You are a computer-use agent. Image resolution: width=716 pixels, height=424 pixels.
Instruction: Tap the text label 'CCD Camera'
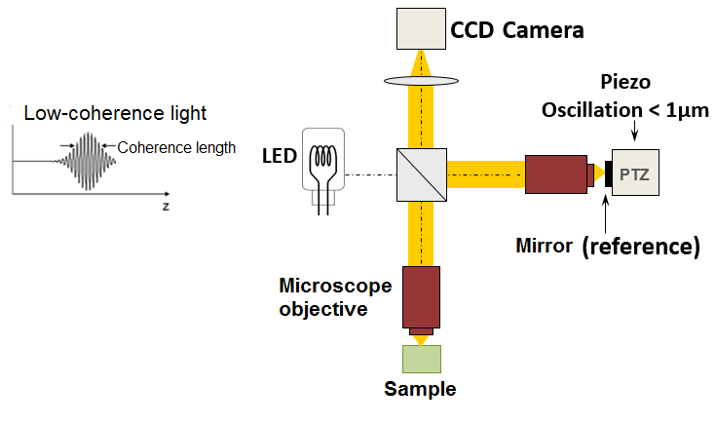(517, 30)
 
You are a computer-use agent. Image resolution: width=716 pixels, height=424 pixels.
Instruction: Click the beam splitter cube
(422, 175)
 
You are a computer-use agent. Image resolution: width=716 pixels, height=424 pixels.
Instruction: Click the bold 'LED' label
(280, 156)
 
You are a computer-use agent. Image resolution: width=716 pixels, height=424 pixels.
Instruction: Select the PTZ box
(638, 174)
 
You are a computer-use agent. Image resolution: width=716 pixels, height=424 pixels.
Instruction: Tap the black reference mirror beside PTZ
(606, 175)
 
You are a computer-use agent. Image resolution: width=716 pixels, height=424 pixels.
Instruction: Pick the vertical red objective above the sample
(422, 296)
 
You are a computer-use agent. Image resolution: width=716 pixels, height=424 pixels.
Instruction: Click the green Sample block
(422, 359)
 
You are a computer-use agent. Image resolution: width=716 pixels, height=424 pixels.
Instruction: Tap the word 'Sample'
(420, 390)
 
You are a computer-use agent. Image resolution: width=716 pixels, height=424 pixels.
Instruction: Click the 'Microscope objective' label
(335, 297)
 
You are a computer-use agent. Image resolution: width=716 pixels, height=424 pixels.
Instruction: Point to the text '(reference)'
(641, 247)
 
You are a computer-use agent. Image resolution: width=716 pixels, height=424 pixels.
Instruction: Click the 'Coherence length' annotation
(176, 148)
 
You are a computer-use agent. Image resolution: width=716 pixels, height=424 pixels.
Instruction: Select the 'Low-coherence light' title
(115, 113)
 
